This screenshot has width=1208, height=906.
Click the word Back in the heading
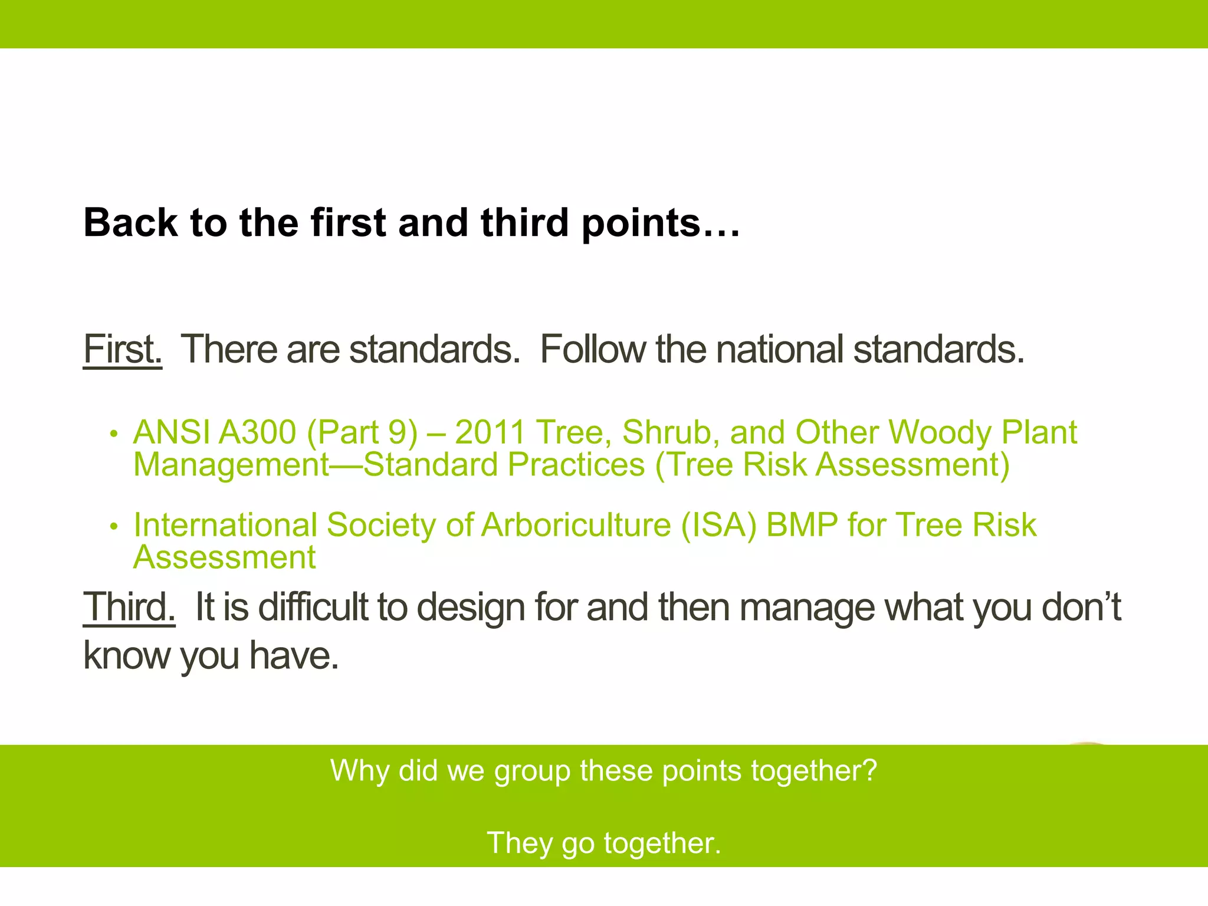(130, 223)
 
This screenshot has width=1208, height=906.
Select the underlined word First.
(122, 349)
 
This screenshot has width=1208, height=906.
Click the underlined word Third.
(129, 607)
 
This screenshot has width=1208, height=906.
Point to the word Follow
(592, 349)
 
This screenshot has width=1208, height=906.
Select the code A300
(257, 432)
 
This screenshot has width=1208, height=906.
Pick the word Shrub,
(671, 432)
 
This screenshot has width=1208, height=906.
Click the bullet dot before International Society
(114, 526)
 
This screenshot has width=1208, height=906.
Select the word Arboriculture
(576, 525)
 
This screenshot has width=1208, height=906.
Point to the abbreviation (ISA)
(718, 525)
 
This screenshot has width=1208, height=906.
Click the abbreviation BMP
(802, 525)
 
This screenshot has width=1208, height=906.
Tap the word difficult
(313, 607)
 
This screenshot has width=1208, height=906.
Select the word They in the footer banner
(519, 843)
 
